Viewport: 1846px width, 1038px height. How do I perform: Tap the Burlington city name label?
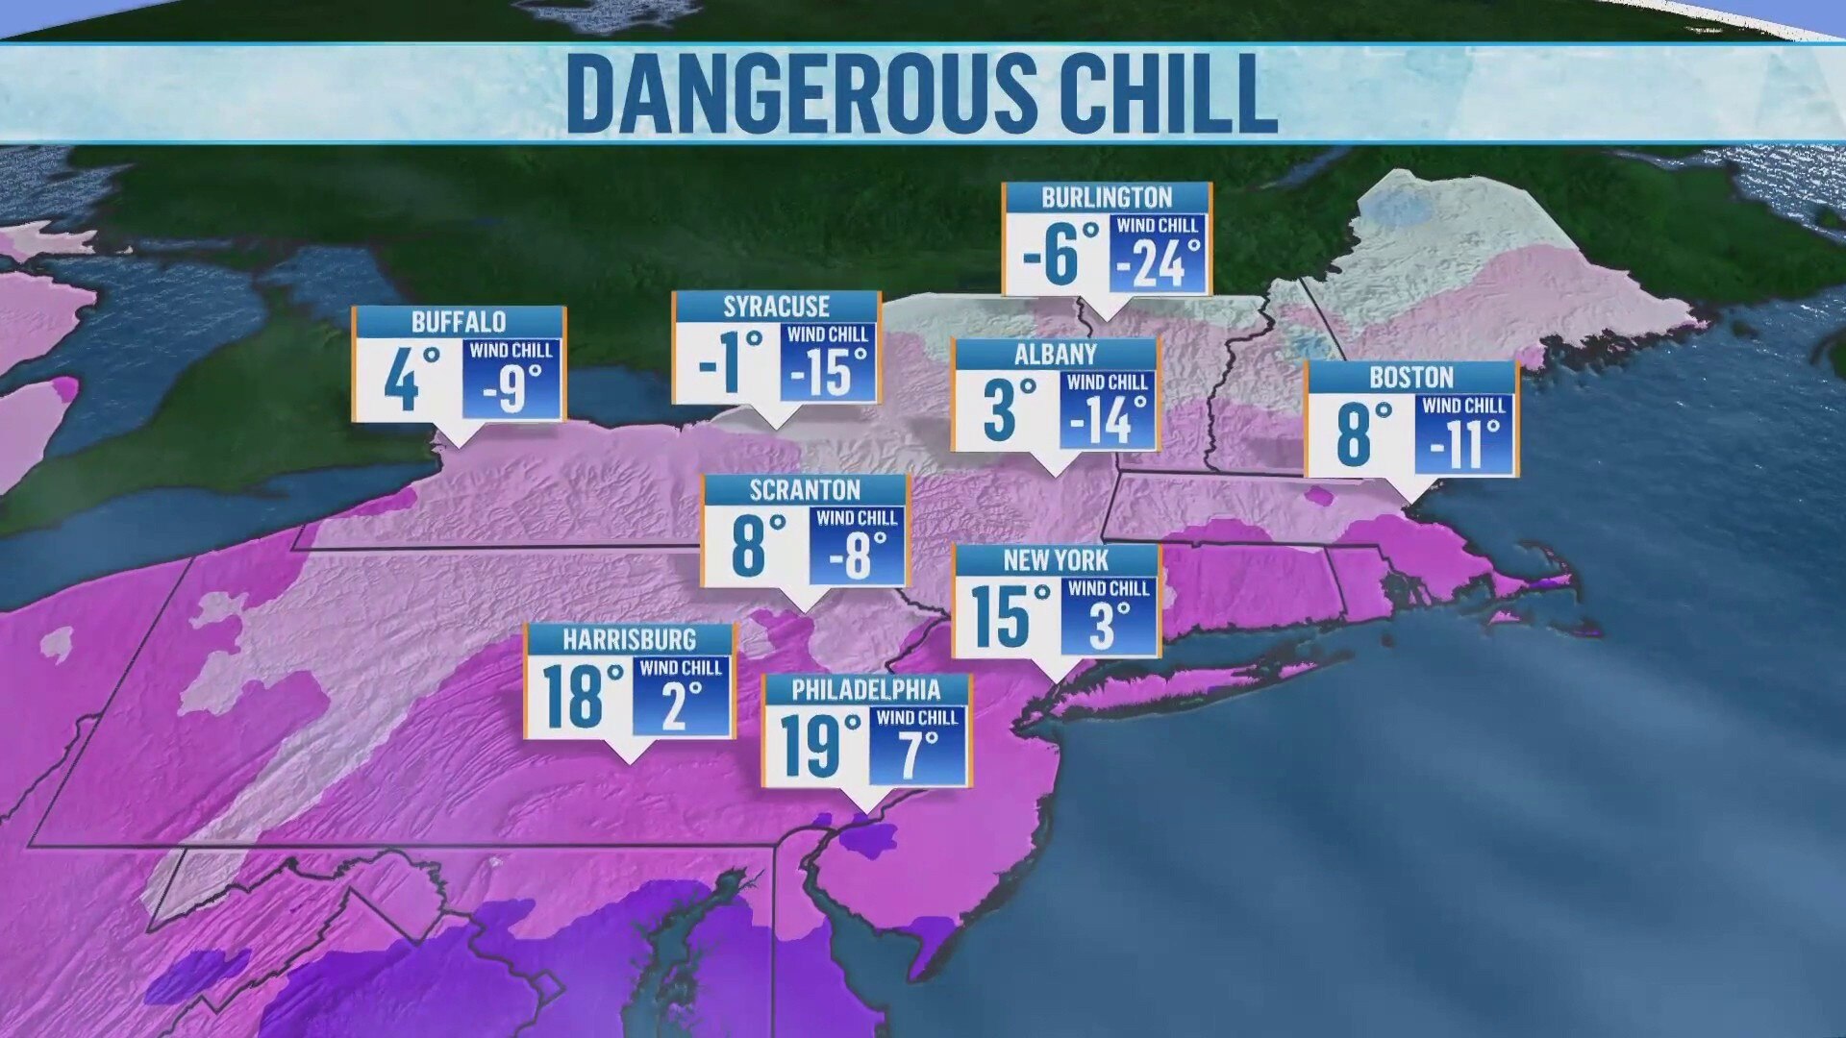click(x=1107, y=198)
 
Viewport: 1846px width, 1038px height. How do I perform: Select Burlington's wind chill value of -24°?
click(x=1158, y=262)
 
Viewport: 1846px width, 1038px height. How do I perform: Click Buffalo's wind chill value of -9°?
click(x=511, y=387)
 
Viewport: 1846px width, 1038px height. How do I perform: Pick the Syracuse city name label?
click(x=776, y=307)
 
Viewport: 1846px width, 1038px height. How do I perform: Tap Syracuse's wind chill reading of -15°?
click(x=829, y=372)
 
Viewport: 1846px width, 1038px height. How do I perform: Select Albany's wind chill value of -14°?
click(x=1109, y=419)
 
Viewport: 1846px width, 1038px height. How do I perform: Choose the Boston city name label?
click(x=1410, y=377)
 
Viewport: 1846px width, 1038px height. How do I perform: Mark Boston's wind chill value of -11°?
click(x=1463, y=443)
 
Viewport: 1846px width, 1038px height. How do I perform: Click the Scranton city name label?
click(x=805, y=490)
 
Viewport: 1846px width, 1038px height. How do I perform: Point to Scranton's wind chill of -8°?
click(x=858, y=555)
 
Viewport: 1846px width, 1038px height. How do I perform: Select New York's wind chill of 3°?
click(x=1108, y=625)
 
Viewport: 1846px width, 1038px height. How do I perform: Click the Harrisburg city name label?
click(x=629, y=639)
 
